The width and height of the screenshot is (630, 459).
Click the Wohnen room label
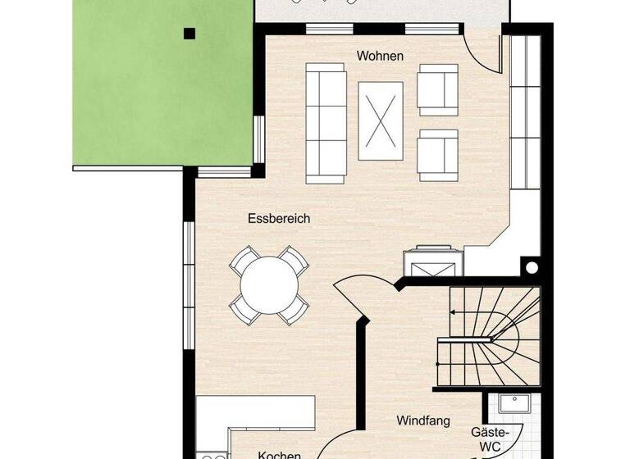(380, 56)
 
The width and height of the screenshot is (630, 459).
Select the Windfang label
(423, 421)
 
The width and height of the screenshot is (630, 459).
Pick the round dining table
(269, 286)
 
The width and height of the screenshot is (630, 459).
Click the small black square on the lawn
(189, 34)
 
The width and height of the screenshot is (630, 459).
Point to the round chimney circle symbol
(531, 267)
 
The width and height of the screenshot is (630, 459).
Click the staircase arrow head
(451, 311)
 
